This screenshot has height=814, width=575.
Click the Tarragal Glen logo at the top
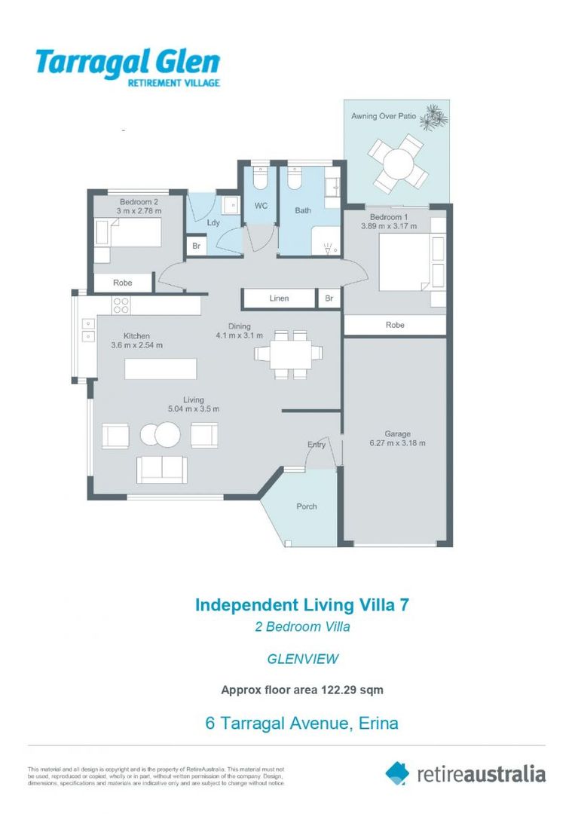click(127, 66)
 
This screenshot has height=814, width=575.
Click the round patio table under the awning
click(398, 162)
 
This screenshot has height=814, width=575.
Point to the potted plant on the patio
click(434, 117)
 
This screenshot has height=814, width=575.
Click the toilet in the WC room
click(260, 177)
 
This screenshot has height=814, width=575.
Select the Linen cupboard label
click(279, 298)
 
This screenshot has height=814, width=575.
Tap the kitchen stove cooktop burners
click(121, 304)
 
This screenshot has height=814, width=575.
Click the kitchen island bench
click(161, 369)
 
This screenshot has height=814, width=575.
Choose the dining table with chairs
click(289, 353)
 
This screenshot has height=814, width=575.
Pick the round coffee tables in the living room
click(161, 434)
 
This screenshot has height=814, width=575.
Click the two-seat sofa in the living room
click(161, 469)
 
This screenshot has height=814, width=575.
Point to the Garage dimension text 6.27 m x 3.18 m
click(398, 443)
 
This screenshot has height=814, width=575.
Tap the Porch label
click(307, 506)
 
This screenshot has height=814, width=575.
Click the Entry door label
click(317, 445)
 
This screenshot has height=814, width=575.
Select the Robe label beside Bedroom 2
click(123, 283)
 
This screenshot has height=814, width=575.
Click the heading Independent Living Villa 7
click(301, 604)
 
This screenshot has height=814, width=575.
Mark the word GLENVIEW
click(302, 659)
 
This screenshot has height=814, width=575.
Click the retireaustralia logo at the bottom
click(466, 773)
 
